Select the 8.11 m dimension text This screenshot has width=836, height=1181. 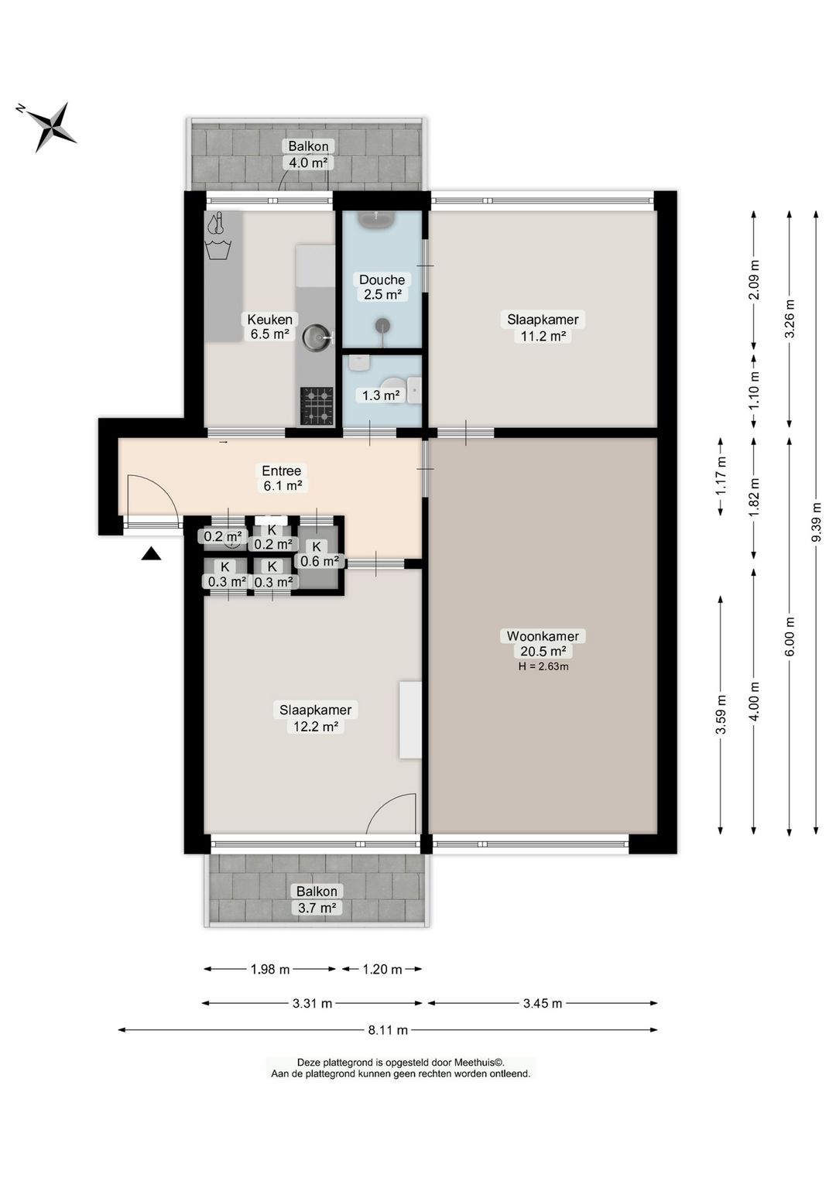tap(389, 1029)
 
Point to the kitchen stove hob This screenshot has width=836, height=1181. tap(317, 406)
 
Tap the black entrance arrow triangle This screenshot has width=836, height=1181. tap(151, 553)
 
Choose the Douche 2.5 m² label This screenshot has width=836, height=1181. tap(382, 287)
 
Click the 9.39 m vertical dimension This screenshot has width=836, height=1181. tap(817, 522)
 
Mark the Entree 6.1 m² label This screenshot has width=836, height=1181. tap(283, 478)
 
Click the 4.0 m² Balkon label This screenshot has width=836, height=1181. tap(308, 154)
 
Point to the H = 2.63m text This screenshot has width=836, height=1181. tap(543, 666)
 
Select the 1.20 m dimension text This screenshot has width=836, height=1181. tap(382, 969)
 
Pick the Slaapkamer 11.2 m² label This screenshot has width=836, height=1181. tap(543, 327)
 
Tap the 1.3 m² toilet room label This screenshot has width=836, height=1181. tap(380, 395)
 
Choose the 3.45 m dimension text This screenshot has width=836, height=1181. tap(542, 1003)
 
